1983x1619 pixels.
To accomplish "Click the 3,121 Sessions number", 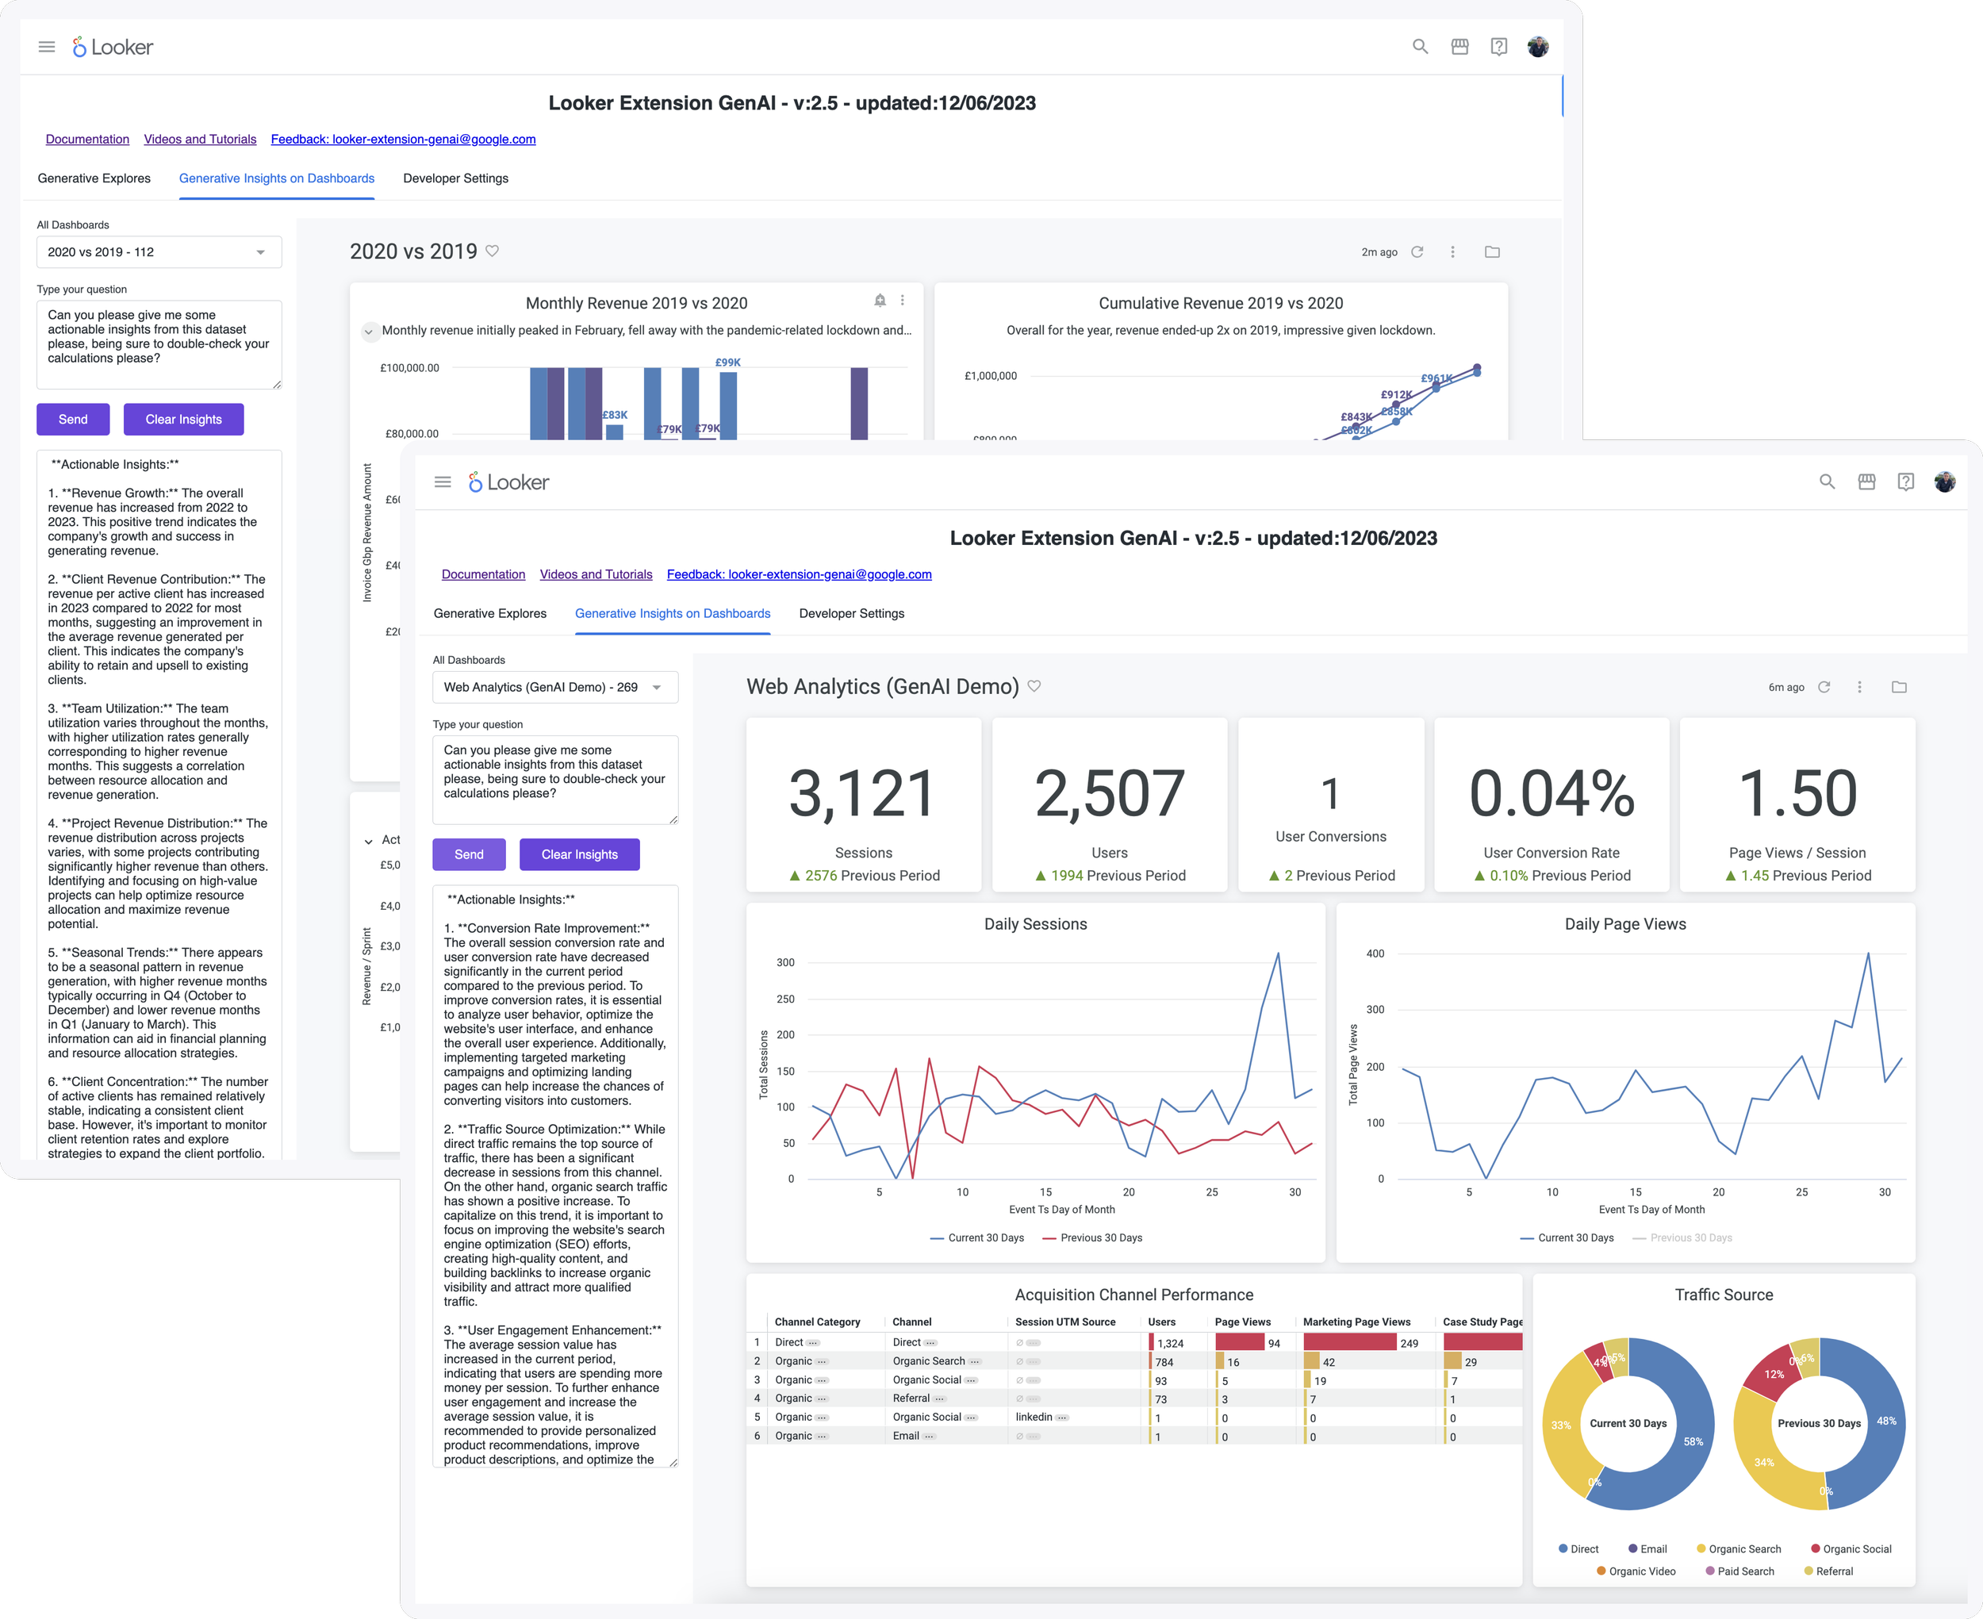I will click(862, 794).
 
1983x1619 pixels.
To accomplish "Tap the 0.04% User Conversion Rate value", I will click(1551, 794).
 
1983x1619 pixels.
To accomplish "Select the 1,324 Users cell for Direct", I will click(1170, 1343).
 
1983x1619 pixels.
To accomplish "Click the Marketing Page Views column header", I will click(1356, 1322).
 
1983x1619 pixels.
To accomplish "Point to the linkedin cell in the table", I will click(1033, 1418).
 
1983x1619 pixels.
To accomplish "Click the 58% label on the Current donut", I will click(1693, 1442).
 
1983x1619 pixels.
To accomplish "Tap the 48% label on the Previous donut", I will click(1886, 1421).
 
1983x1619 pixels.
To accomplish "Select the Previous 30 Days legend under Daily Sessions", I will click(1100, 1238).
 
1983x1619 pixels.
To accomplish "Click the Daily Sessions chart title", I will click(1035, 924).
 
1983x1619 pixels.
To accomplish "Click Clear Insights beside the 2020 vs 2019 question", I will click(184, 420).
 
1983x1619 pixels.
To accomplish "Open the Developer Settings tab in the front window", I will click(851, 614).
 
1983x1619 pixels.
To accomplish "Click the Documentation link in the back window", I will click(87, 139).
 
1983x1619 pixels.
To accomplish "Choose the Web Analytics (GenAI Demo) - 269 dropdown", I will click(554, 687).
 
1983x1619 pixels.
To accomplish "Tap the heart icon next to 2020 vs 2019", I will click(493, 251).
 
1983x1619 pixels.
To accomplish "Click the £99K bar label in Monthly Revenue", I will click(728, 363).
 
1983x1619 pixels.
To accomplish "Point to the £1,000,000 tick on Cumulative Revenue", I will click(990, 376).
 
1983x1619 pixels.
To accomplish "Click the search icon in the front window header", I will click(1827, 482).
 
